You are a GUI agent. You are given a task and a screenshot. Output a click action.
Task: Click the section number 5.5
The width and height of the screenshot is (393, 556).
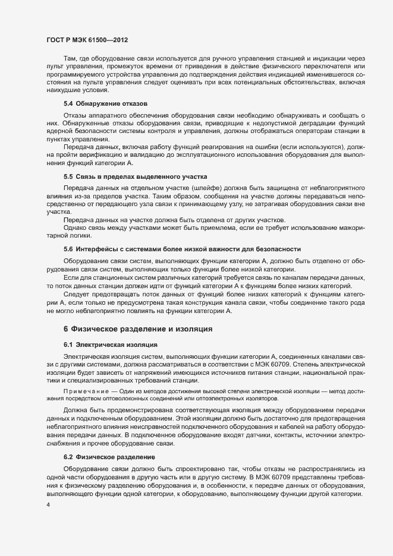coord(68,177)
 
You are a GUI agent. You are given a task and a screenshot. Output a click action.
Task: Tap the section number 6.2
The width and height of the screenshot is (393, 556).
coord(68,457)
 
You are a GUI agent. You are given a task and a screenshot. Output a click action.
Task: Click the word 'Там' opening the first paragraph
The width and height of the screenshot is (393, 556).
coord(70,58)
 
